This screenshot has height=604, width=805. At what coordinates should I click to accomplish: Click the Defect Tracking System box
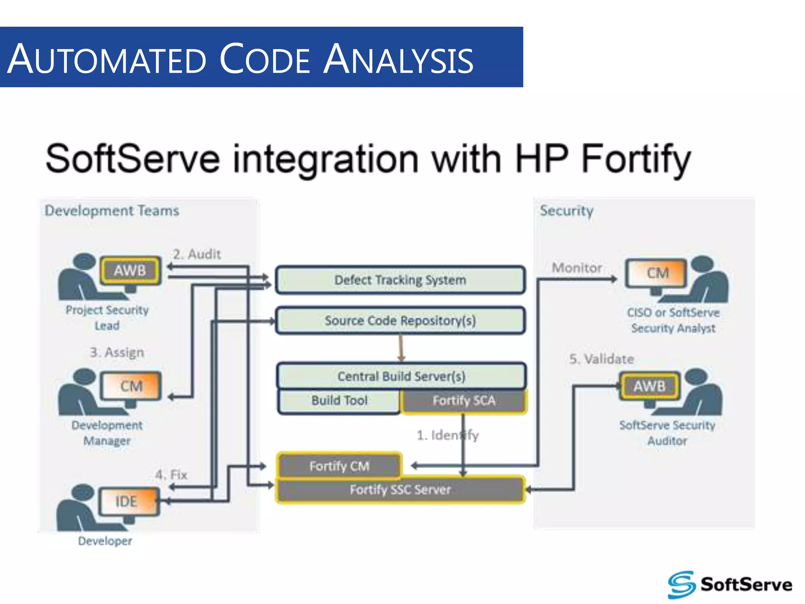point(400,280)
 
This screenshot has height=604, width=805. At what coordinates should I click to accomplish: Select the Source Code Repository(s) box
point(400,320)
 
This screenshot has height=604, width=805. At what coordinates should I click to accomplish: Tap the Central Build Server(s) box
point(401,376)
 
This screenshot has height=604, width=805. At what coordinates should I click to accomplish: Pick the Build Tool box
point(339,401)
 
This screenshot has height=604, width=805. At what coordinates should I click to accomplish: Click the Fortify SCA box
point(464,401)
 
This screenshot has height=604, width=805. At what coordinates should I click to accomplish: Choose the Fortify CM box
point(339,466)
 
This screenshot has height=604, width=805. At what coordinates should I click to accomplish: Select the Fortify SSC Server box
point(400,490)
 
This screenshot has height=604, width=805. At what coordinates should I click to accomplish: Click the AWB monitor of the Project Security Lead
point(130,271)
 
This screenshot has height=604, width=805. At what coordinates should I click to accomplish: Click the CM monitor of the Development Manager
point(131,386)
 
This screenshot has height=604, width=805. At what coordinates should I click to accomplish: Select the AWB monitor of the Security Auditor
point(649,386)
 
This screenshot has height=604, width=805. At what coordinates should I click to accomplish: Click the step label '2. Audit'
point(197,254)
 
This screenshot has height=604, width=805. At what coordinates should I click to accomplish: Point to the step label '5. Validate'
point(601,359)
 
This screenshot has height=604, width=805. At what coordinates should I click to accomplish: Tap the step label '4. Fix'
point(171,475)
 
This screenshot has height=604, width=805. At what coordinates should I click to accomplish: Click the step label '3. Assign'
point(117,352)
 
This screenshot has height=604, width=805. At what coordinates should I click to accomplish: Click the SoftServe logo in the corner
point(730,584)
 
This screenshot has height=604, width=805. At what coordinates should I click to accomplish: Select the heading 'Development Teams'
point(112,211)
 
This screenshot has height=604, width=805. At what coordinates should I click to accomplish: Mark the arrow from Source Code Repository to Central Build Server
point(401,348)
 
